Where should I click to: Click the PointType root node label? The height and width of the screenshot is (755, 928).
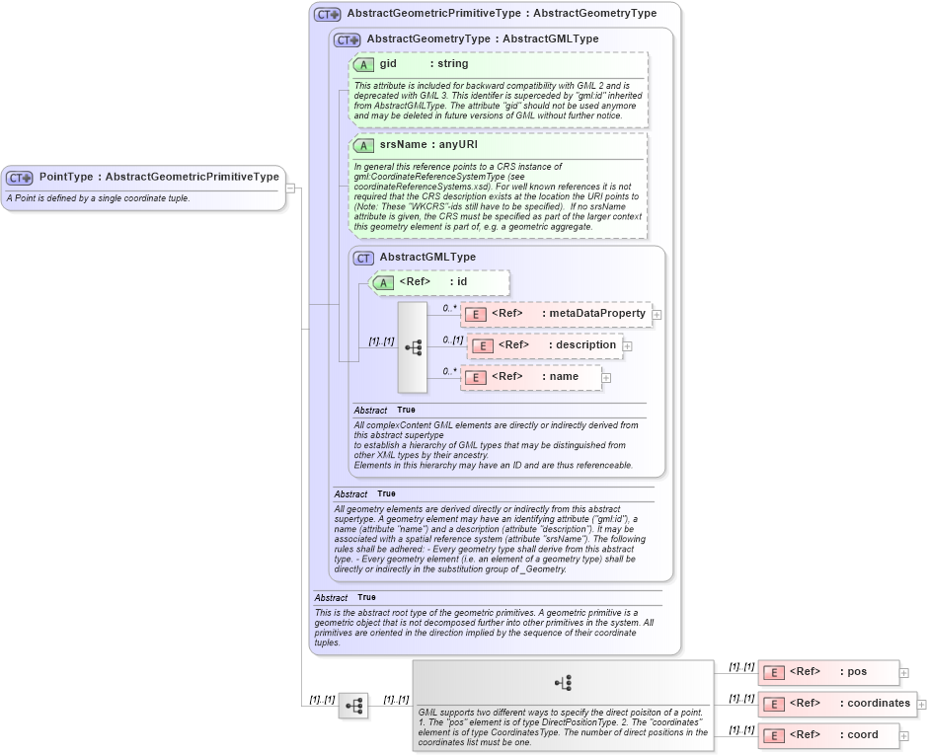click(x=158, y=177)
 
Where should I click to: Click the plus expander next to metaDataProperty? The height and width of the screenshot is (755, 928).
click(x=657, y=315)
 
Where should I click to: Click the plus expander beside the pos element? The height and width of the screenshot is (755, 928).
click(x=903, y=673)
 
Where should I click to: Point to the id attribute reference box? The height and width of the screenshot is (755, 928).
click(x=439, y=282)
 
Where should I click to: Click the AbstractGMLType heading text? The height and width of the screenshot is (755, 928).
click(x=426, y=257)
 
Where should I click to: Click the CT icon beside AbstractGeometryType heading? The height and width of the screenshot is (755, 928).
click(x=347, y=39)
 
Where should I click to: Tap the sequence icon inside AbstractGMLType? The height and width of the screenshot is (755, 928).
click(x=413, y=347)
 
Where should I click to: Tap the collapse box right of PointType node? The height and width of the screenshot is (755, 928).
click(x=291, y=188)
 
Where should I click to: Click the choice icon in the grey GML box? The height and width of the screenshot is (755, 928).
click(x=563, y=682)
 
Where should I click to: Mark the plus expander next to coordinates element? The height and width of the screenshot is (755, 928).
click(x=922, y=705)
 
